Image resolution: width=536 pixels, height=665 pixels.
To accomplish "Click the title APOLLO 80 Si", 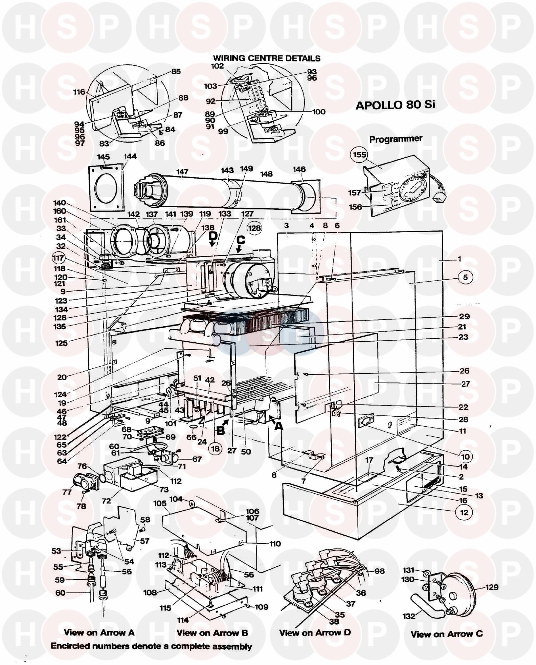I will [x=396, y=105].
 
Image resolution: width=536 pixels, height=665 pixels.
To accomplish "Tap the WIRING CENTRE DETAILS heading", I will [x=267, y=58].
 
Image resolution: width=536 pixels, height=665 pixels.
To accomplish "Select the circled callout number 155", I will [x=360, y=154].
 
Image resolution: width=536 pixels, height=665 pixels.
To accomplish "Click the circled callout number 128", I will [x=255, y=228].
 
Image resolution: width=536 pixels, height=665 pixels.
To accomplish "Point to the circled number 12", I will [x=464, y=512].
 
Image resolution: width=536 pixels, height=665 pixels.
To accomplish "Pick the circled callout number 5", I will [x=465, y=277].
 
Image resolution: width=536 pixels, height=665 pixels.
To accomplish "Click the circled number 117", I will [x=58, y=258].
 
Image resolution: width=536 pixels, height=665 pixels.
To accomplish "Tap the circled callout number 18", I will [x=215, y=449].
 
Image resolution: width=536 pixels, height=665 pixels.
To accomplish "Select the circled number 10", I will [x=465, y=456].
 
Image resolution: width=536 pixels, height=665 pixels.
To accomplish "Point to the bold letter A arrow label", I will [x=278, y=426].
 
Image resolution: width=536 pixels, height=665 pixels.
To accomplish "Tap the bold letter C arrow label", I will [x=240, y=240].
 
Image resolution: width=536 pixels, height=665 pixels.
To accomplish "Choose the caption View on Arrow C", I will [x=446, y=634].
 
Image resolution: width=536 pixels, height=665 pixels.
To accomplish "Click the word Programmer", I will [x=396, y=139].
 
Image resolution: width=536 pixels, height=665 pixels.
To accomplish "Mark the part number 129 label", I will [x=492, y=587].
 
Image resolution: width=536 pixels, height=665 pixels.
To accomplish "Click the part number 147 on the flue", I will [x=182, y=172].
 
